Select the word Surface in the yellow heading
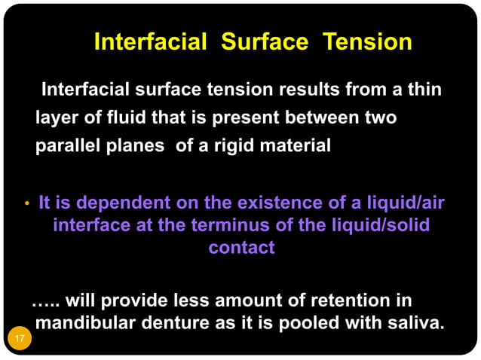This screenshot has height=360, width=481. pos(264,42)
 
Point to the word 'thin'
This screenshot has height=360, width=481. pos(424,90)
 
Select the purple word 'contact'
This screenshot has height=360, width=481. pos(241,247)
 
